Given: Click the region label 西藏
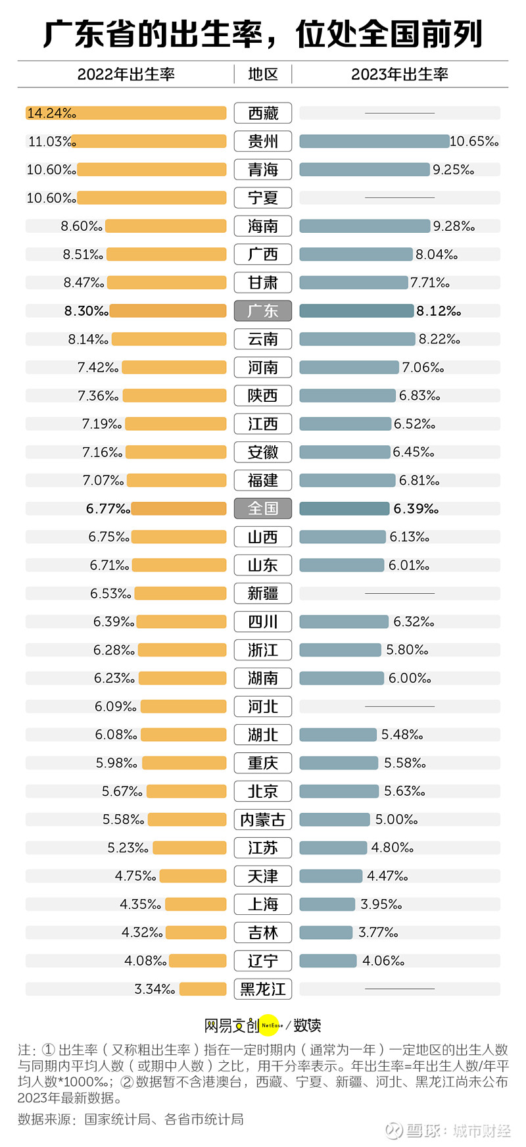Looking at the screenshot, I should click(x=263, y=113).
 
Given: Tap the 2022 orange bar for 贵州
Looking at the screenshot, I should click(x=149, y=141).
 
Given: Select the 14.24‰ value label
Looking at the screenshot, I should click(x=51, y=113).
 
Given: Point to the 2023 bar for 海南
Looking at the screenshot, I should click(x=365, y=226).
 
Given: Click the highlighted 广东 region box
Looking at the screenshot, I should click(x=263, y=311).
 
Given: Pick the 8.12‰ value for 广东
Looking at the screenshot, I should click(x=439, y=311).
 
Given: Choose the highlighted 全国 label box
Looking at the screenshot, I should click(x=263, y=508).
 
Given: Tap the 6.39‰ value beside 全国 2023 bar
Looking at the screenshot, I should click(x=416, y=508).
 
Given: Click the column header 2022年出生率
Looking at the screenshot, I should click(x=126, y=74).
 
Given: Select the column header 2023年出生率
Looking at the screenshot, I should click(x=400, y=74).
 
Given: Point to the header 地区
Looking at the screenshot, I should click(x=263, y=74).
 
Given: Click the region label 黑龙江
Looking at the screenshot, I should click(x=263, y=989).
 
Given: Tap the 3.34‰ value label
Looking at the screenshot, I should click(x=155, y=989).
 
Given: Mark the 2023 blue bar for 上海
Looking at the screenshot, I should click(x=327, y=904).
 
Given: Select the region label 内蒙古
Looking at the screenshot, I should click(x=263, y=819).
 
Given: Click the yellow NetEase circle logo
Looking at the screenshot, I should click(x=272, y=1025).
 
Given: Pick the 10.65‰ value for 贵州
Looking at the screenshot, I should click(x=474, y=141).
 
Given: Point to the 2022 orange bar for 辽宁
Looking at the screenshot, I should click(x=198, y=961).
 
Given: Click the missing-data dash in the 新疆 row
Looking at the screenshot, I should click(x=400, y=593).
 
